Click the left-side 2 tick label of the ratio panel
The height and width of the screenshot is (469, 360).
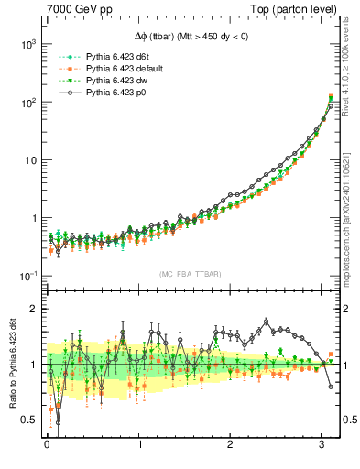[33, 309]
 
